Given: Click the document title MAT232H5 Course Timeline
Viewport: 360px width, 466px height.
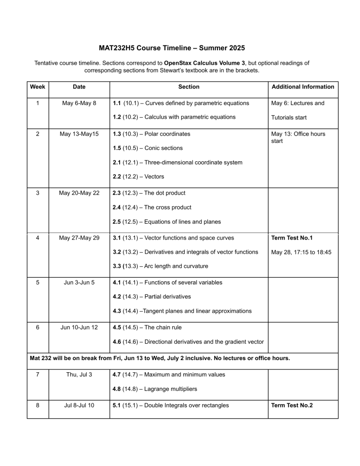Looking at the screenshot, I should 172,48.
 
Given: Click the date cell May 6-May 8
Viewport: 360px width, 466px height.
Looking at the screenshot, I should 79,103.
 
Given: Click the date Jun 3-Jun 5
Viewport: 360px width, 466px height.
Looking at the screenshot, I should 79,283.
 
